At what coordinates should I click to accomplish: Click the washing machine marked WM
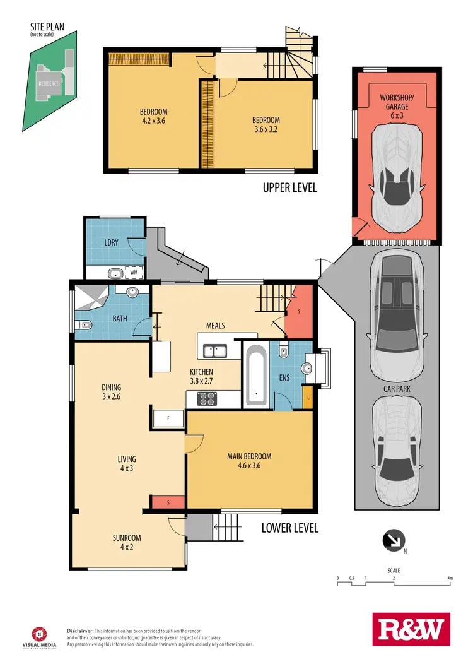point(134,273)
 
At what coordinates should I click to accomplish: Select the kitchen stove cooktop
point(207,398)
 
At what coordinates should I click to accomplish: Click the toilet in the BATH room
point(85,325)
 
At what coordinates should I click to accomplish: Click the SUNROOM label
point(127,538)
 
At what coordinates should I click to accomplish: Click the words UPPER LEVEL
point(289,187)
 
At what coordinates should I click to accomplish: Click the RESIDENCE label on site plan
point(49,83)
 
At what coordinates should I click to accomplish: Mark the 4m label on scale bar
point(449,578)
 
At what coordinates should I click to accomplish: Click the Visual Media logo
point(39,636)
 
